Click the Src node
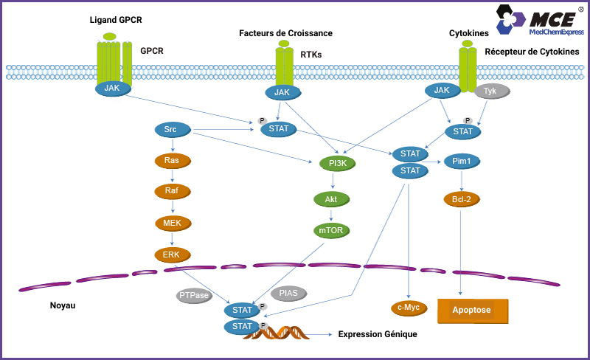point(172,130)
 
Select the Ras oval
point(172,160)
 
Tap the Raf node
point(172,191)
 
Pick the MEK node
point(172,223)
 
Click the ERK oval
point(172,255)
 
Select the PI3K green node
point(338,163)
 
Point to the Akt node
point(331,199)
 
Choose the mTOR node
point(331,231)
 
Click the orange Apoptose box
point(473,311)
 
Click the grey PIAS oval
point(289,294)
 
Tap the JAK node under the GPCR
point(113,88)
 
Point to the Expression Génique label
point(378,334)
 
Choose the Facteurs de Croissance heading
point(285,33)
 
